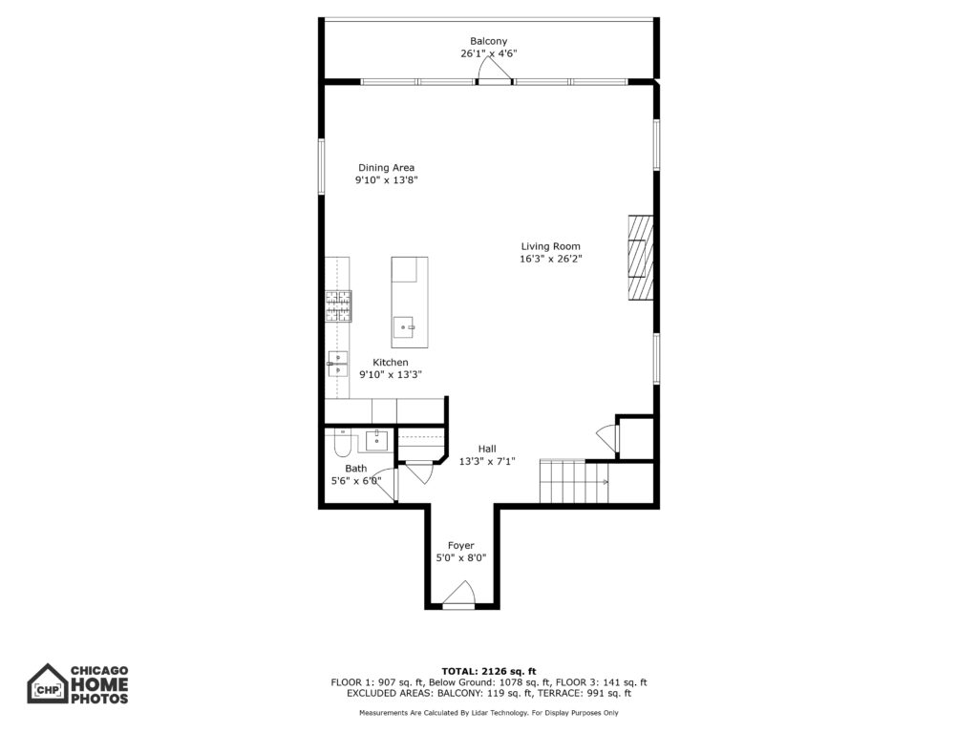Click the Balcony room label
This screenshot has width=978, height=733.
click(x=488, y=41)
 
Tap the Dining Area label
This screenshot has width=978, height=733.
click(x=386, y=168)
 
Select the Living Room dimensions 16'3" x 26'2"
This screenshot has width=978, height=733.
click(x=551, y=259)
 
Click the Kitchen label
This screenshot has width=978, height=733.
click(x=391, y=362)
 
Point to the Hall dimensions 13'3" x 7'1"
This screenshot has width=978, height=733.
click(x=487, y=462)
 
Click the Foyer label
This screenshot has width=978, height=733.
click(x=461, y=545)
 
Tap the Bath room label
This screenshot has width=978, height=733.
click(x=356, y=468)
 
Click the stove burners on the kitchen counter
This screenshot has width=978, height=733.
click(x=338, y=306)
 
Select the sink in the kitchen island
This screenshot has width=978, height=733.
click(x=404, y=326)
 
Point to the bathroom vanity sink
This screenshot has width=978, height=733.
click(x=376, y=441)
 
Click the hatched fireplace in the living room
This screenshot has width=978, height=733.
click(x=641, y=258)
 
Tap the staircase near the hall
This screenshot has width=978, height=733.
click(x=574, y=481)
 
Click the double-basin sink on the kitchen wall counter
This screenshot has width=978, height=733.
click(x=337, y=364)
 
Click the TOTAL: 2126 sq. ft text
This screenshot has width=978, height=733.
click(x=489, y=671)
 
